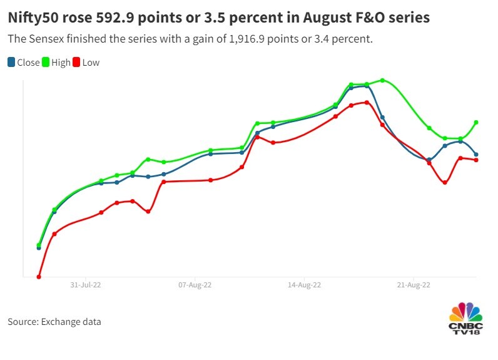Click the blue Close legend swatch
click(x=11, y=62)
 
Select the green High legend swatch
click(x=46, y=62)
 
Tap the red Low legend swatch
click(x=78, y=62)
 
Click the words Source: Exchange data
click(x=54, y=322)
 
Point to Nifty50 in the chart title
click(x=31, y=18)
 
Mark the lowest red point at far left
click(x=39, y=277)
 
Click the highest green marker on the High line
click(x=382, y=80)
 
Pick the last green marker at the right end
click(x=477, y=122)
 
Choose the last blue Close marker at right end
click(x=477, y=155)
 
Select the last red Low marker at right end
click(x=477, y=160)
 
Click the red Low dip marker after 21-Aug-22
click(x=445, y=183)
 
